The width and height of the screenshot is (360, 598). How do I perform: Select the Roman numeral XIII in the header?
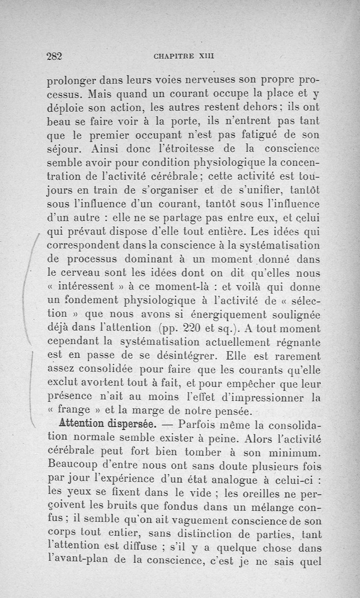click(206, 57)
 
